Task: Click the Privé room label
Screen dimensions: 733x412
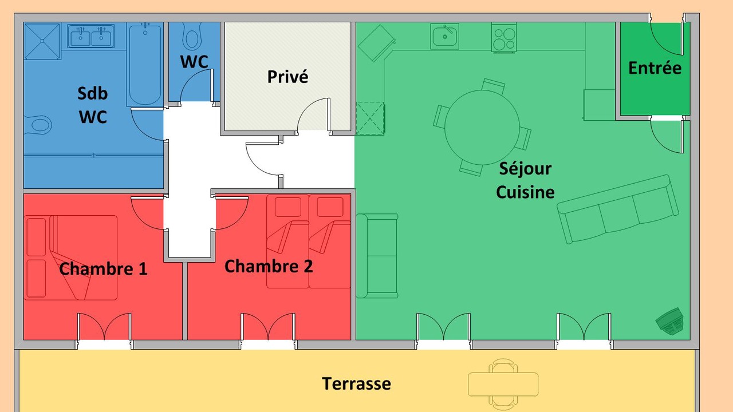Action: click(x=287, y=77)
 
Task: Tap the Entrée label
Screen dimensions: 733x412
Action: click(x=655, y=68)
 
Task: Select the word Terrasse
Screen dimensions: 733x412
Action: click(x=356, y=383)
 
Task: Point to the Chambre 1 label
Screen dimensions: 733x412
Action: click(x=104, y=269)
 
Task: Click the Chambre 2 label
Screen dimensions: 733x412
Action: click(x=269, y=266)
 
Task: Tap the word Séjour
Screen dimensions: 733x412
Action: click(x=525, y=169)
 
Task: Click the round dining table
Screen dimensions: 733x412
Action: click(x=482, y=128)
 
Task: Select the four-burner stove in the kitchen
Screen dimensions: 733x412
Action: click(x=504, y=38)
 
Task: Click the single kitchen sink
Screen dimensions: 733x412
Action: click(x=445, y=36)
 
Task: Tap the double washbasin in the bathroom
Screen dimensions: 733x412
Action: click(x=90, y=36)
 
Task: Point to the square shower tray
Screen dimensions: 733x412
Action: click(x=42, y=41)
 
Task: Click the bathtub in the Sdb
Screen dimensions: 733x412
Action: click(x=145, y=65)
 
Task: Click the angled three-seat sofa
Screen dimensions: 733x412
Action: click(x=618, y=209)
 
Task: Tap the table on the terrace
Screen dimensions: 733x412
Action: click(x=503, y=384)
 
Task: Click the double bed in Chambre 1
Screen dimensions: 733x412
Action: click(x=70, y=257)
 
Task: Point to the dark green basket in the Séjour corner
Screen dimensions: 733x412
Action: click(x=669, y=321)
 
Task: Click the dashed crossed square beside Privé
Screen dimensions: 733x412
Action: click(x=370, y=118)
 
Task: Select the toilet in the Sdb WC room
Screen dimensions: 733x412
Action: click(x=38, y=125)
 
